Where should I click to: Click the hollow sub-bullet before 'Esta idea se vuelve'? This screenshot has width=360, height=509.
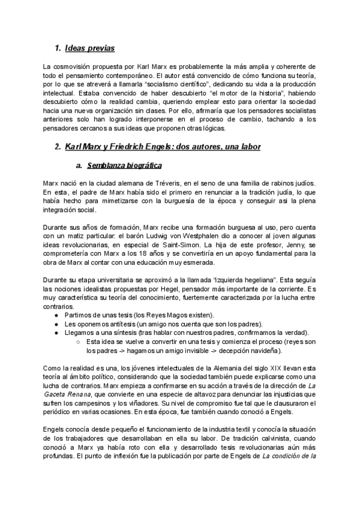click(x=79, y=342)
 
